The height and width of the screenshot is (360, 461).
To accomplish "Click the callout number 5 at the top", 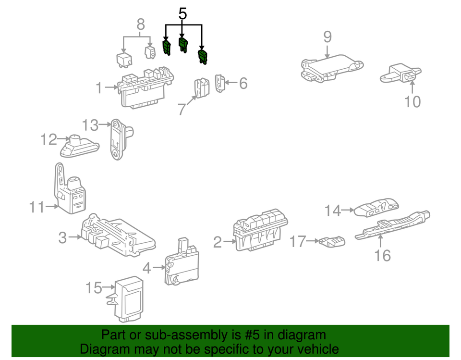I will pos(182,13).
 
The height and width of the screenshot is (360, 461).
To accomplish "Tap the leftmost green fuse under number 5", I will pos(167,47).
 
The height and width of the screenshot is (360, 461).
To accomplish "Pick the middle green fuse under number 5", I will pos(183,45).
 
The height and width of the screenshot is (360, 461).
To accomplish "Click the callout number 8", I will pos(140,24).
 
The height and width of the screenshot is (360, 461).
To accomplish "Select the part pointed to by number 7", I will pos(201,88).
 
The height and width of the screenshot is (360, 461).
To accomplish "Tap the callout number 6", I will pos(243,84).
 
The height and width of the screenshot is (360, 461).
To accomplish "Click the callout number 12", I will pos(49,140).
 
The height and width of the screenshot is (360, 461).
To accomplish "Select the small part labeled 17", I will pos(332,241).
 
